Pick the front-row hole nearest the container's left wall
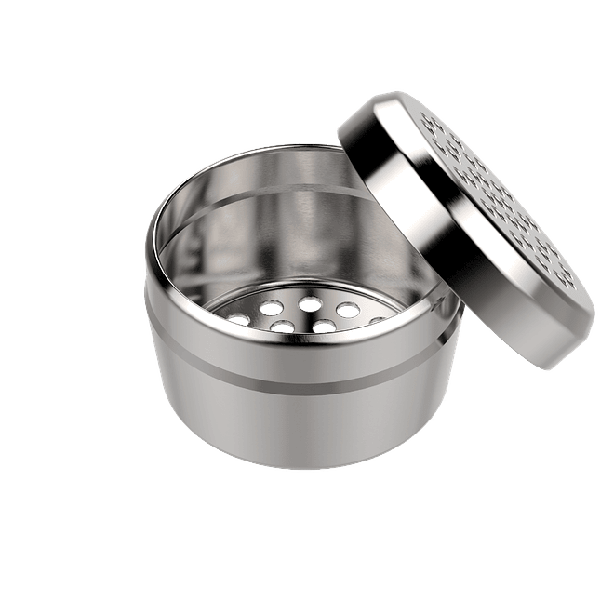click(x=278, y=327)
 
